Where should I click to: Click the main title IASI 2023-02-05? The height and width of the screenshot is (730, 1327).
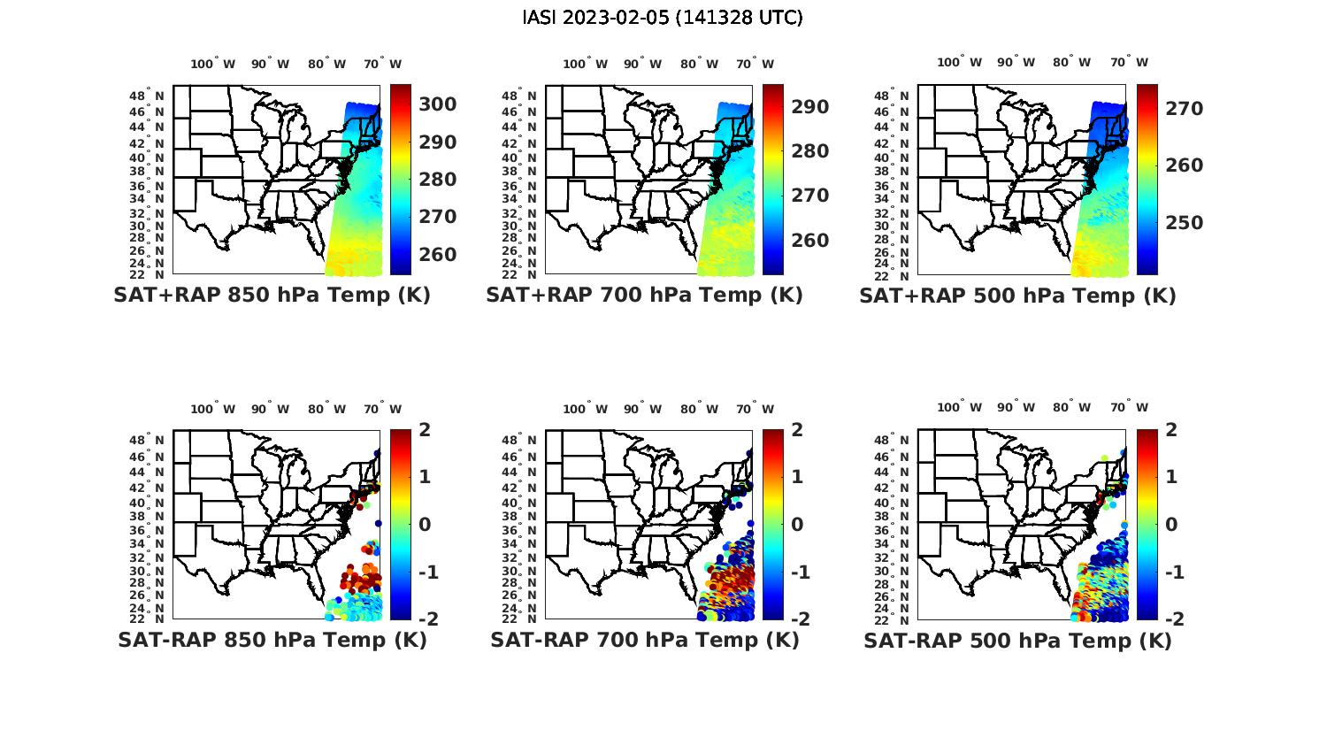click(x=663, y=18)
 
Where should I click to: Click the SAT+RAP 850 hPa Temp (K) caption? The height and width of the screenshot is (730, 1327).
click(x=272, y=296)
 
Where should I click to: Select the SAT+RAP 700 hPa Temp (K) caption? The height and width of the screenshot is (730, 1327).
click(x=644, y=296)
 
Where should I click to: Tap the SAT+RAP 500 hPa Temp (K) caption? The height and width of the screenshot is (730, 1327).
click(x=1017, y=296)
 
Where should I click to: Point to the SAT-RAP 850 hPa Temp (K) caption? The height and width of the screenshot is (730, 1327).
click(x=272, y=640)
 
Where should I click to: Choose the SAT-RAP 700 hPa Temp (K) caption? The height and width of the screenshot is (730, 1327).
click(x=644, y=640)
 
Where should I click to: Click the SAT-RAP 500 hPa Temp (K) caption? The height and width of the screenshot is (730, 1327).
click(x=1017, y=641)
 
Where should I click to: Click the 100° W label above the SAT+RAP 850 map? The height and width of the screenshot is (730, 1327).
click(x=212, y=64)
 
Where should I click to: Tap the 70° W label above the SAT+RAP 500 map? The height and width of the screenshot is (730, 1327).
click(x=1129, y=62)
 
